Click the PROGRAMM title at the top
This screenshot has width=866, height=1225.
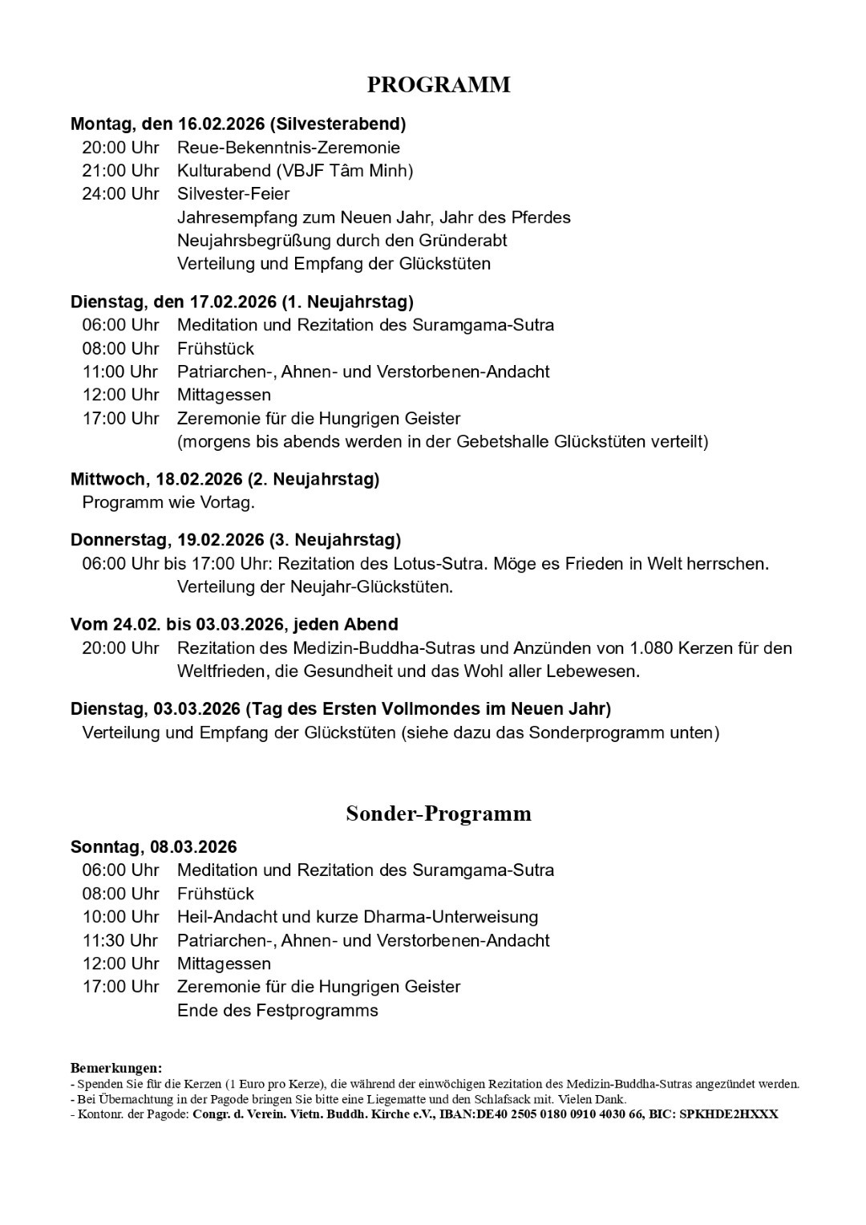point(439,85)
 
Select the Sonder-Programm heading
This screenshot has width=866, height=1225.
point(439,813)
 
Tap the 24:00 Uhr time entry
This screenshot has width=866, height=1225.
point(120,194)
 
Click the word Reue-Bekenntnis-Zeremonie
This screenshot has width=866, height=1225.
point(288,148)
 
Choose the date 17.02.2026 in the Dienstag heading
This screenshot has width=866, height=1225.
point(233,302)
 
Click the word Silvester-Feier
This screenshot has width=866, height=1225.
point(233,194)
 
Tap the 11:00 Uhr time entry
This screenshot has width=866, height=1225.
point(120,372)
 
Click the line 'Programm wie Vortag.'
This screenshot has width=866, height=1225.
point(168,503)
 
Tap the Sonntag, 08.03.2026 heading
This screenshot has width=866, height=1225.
point(154,847)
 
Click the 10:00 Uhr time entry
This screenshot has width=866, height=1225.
point(120,917)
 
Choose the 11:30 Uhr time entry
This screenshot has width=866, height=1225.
point(120,940)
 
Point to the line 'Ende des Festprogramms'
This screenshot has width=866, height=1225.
point(277,1011)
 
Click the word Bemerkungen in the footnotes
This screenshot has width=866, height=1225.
point(116,1069)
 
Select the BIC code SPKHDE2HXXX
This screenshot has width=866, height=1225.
point(728,1114)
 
